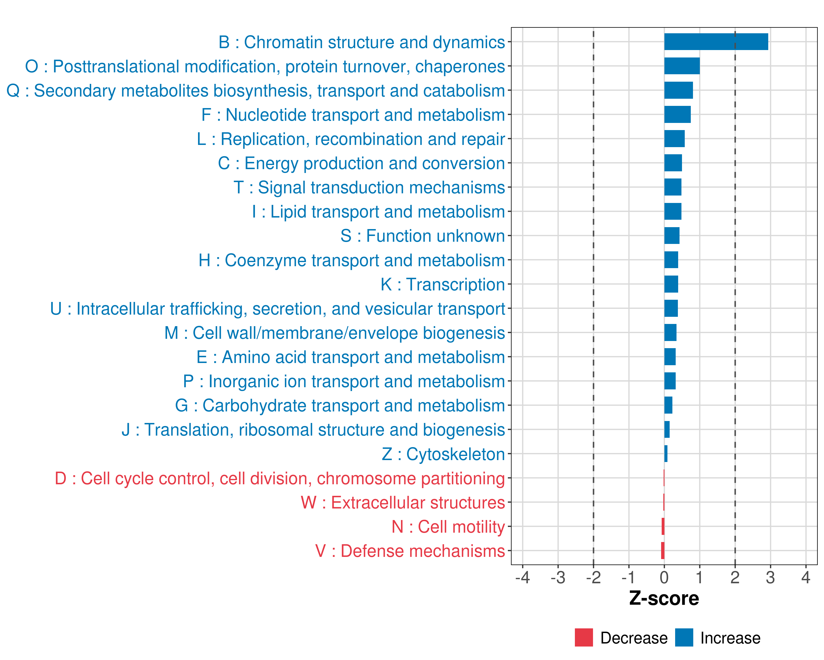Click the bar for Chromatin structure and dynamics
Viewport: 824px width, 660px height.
point(716,42)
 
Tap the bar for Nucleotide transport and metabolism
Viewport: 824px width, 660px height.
point(677,114)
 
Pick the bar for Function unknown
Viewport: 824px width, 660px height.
point(672,236)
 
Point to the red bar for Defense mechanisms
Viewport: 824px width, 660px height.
point(663,551)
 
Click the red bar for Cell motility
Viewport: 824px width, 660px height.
point(663,526)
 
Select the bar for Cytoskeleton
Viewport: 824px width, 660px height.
point(666,454)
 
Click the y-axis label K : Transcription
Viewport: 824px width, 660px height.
point(442,285)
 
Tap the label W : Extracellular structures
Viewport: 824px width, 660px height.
point(403,503)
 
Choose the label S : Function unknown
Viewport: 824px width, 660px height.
point(423,236)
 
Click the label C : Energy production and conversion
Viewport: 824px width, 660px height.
point(361,163)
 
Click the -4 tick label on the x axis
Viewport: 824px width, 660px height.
point(522,577)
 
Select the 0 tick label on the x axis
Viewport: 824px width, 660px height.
point(664,577)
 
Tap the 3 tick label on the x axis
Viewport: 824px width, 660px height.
point(770,577)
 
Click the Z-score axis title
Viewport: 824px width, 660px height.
point(664,598)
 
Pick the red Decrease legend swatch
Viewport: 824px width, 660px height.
point(584,637)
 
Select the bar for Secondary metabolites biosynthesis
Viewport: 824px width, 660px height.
point(678,90)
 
